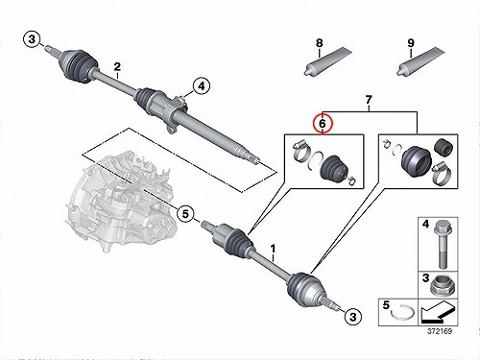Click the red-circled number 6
point(323,123)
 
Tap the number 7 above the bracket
point(369,100)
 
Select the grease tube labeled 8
point(327,62)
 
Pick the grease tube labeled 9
point(420,62)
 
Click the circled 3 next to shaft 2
point(32,40)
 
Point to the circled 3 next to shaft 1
point(353,317)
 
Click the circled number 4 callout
point(202,86)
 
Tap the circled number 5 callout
point(185,214)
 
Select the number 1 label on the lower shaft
point(273,249)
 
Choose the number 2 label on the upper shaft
point(117,67)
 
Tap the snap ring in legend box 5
point(402,316)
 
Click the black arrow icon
point(437,312)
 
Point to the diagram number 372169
point(440,331)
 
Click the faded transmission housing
point(122,199)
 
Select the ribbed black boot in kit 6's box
point(333,168)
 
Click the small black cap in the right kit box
point(444,147)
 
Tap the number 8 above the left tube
point(320,43)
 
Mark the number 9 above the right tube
point(411,43)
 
